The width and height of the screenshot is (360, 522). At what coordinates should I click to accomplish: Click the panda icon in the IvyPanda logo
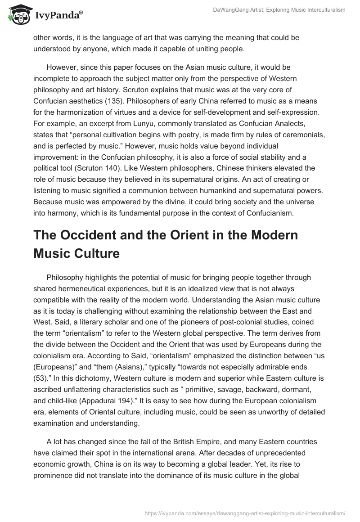(x=17, y=15)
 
